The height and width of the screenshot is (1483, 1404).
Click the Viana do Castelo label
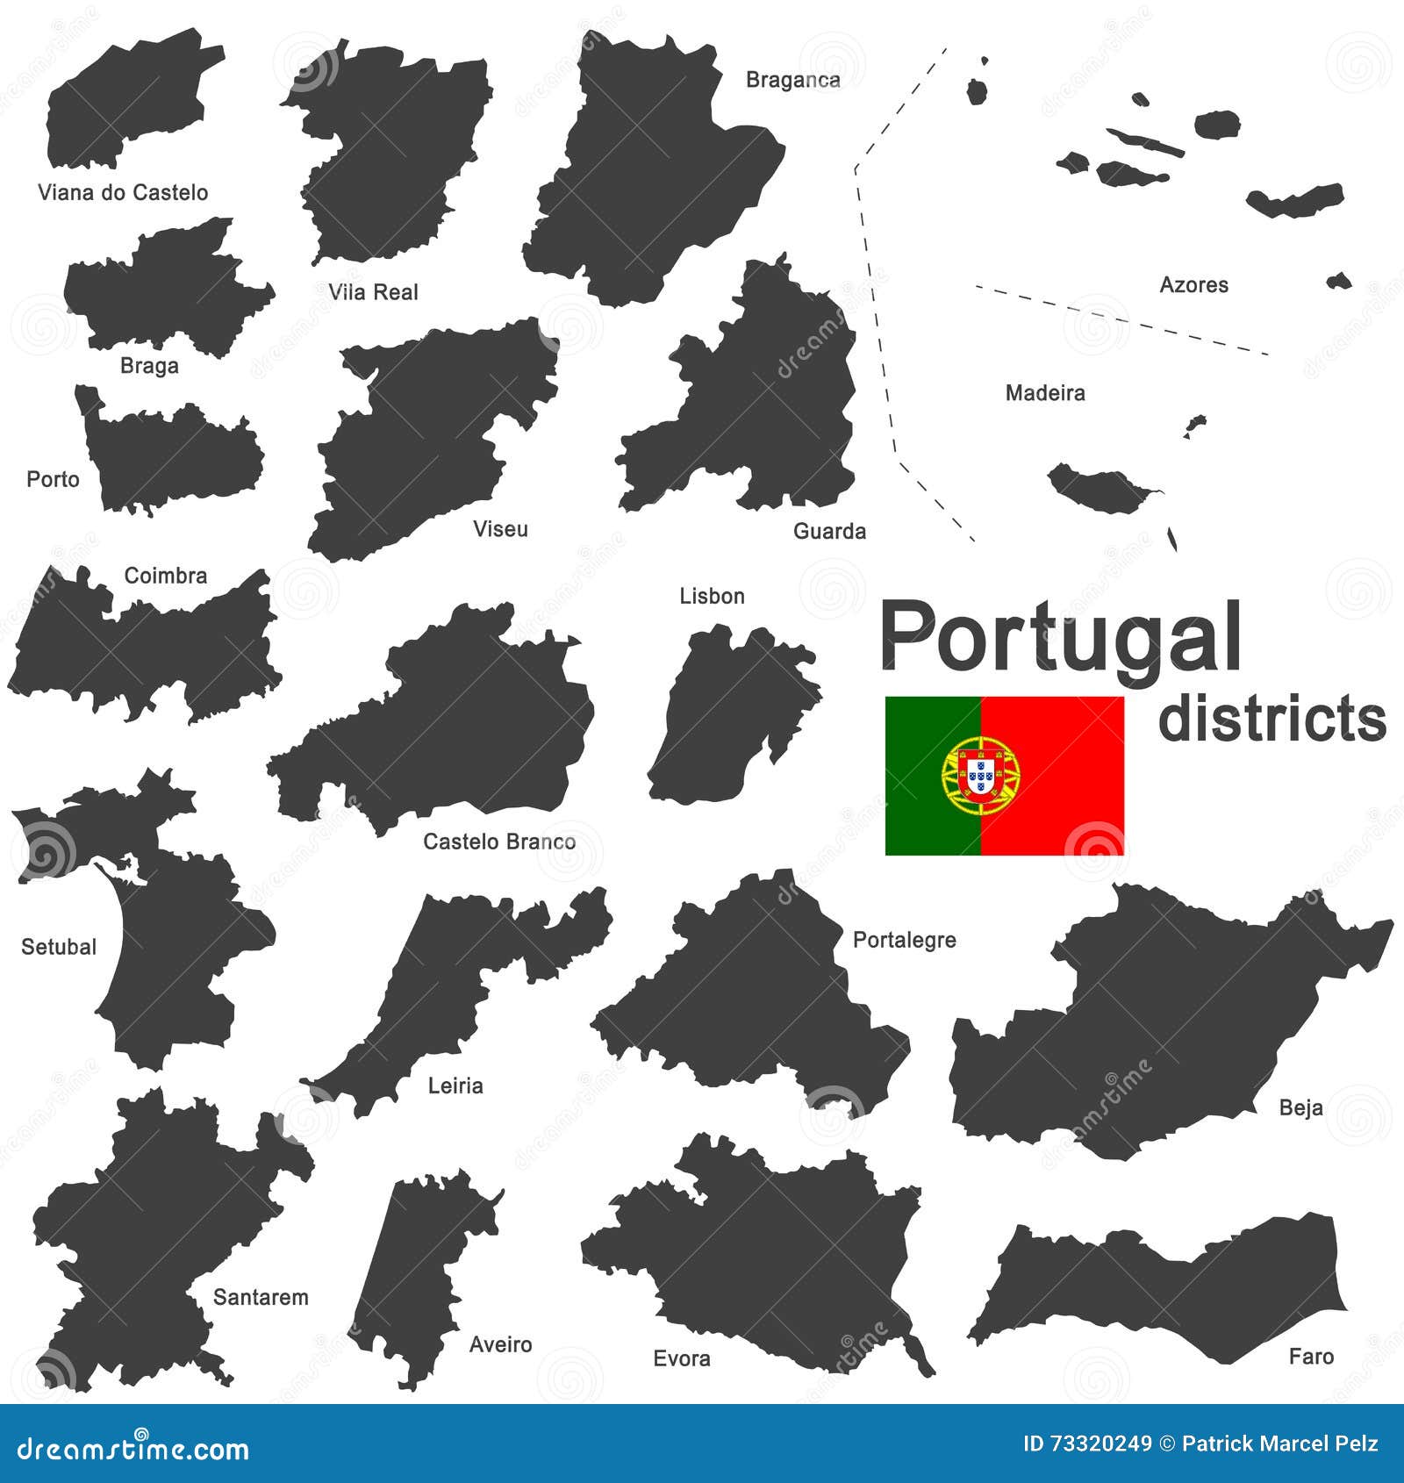click(x=123, y=193)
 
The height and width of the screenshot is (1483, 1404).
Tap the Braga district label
click(x=149, y=366)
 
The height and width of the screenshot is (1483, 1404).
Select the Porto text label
click(x=53, y=479)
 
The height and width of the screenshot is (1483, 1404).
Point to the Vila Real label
click(x=373, y=292)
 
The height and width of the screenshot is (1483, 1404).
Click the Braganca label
click(x=792, y=80)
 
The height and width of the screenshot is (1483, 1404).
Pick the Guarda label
click(x=829, y=531)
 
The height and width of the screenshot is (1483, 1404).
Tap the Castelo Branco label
click(x=499, y=842)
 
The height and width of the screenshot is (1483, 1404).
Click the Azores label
click(x=1193, y=284)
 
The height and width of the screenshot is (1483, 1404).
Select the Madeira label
click(x=1044, y=393)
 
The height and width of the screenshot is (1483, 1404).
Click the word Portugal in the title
click(x=1060, y=639)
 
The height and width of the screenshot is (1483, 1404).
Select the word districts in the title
click(x=1271, y=720)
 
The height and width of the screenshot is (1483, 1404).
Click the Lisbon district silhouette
click(x=728, y=720)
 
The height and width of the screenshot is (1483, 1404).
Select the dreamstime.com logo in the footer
click(x=133, y=1449)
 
